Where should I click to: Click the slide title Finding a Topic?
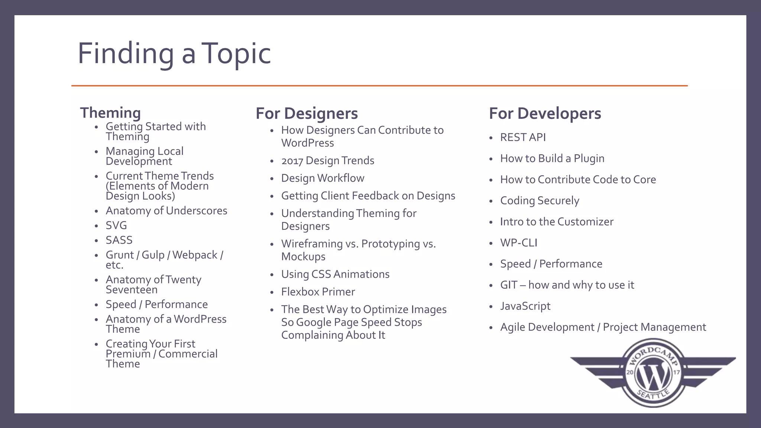click(174, 53)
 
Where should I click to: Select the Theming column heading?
click(110, 113)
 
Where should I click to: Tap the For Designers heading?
click(307, 113)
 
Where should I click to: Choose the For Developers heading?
click(545, 113)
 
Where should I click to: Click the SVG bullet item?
click(116, 226)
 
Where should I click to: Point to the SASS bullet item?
click(119, 240)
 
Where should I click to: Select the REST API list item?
click(523, 137)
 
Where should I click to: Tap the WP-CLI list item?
click(519, 243)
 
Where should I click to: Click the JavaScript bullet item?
click(525, 306)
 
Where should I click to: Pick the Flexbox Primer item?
click(318, 292)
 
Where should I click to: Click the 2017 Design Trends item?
click(327, 161)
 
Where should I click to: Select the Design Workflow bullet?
click(323, 178)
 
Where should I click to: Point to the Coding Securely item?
click(540, 201)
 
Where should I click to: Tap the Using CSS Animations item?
click(335, 274)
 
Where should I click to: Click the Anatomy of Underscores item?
click(166, 211)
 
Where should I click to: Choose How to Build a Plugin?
click(552, 159)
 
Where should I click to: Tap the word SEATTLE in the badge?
click(653, 395)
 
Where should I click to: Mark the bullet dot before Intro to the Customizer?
click(491, 223)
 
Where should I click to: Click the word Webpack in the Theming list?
click(195, 255)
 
